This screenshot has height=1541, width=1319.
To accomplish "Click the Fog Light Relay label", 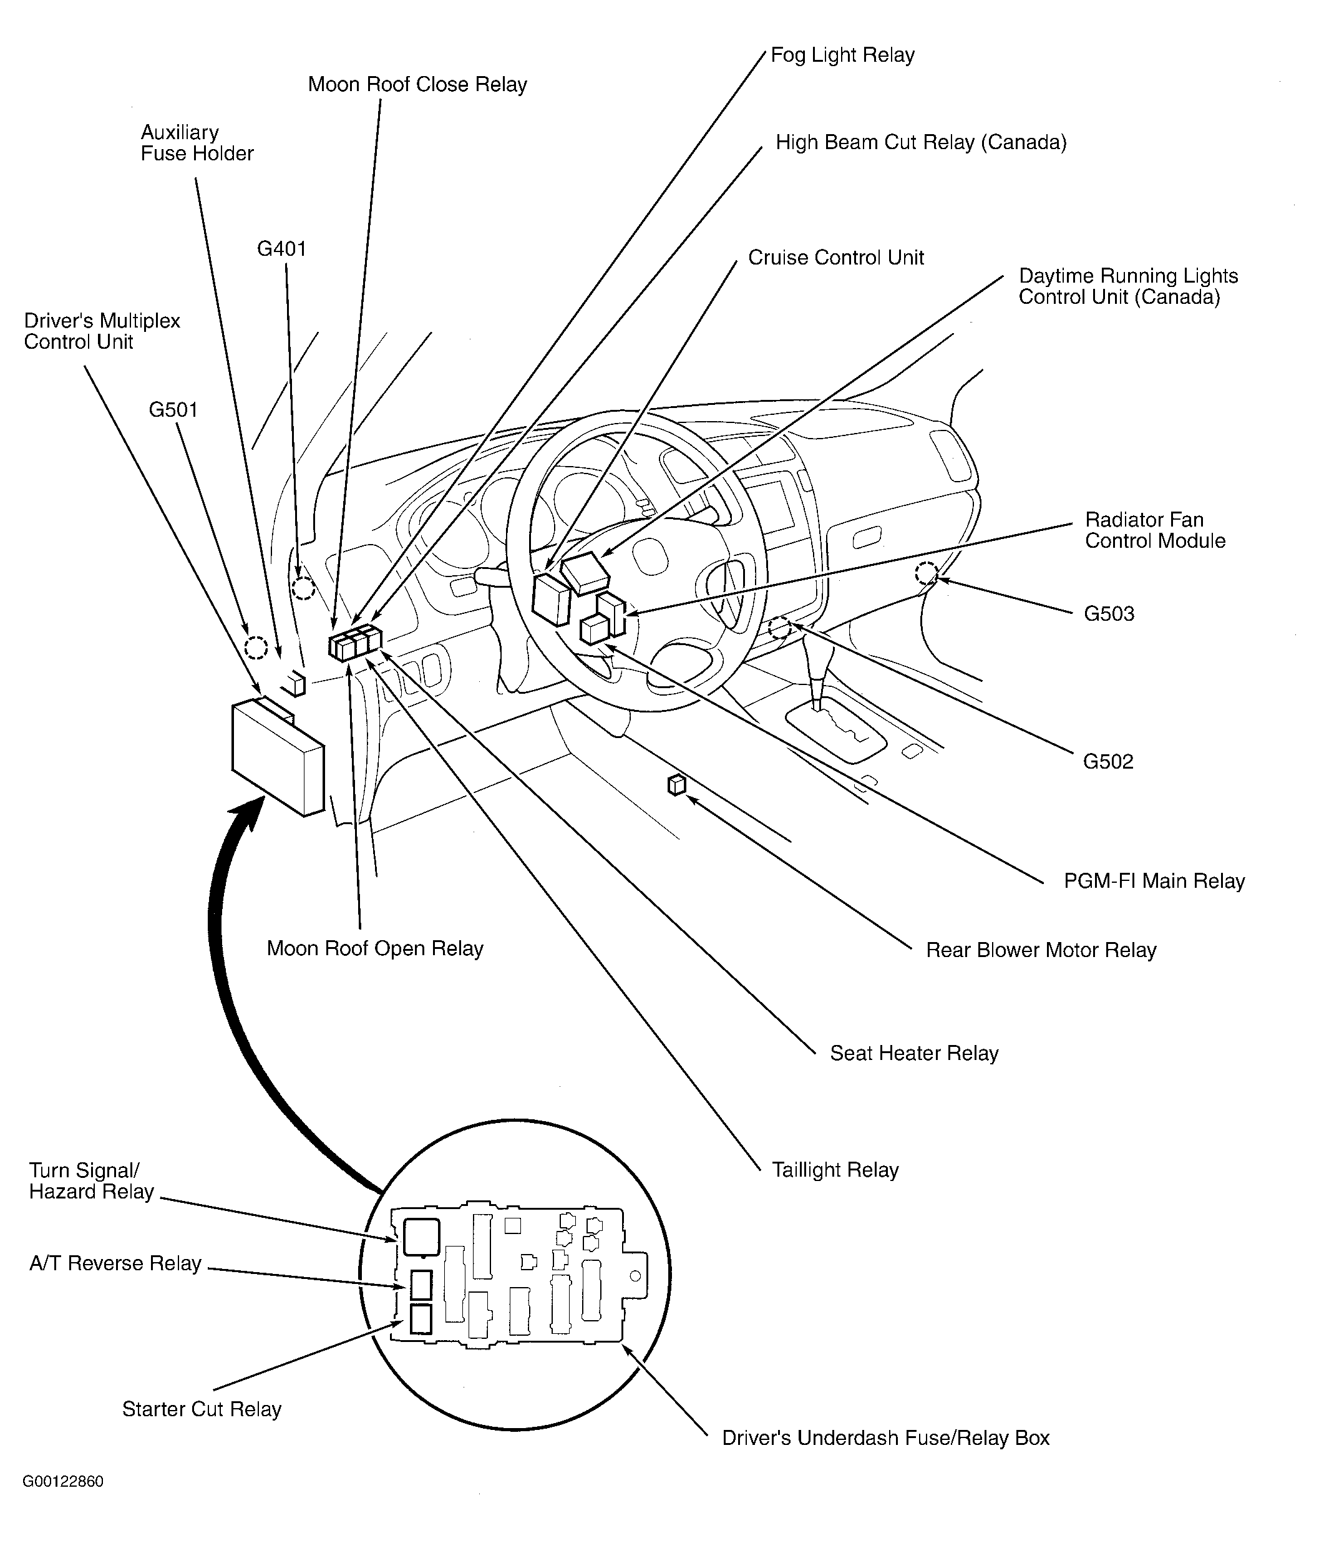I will point(842,56).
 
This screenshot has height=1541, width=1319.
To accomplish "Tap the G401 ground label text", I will point(281,249).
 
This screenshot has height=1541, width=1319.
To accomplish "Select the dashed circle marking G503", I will point(926,573).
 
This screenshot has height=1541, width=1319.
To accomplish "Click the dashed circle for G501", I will point(255,647).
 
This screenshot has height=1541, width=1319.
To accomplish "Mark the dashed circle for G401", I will point(303,588).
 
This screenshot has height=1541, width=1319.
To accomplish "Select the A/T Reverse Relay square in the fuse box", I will point(421,1285).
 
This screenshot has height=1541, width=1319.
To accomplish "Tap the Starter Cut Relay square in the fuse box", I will point(421,1319).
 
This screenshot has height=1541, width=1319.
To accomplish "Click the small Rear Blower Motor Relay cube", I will point(676,785).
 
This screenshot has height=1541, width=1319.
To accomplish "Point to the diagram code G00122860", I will point(63,1480).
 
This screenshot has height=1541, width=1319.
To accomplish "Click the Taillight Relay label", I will point(835,1170).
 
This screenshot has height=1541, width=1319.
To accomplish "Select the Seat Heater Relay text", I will point(913,1053).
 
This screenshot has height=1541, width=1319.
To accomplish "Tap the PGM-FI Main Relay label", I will point(1154,882).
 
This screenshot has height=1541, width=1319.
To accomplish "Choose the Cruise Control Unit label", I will point(835,258).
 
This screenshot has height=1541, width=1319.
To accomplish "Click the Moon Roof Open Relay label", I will point(375,948).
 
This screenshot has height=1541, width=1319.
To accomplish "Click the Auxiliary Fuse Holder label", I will point(197,143).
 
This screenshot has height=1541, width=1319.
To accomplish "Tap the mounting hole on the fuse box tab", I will point(635,1276).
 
